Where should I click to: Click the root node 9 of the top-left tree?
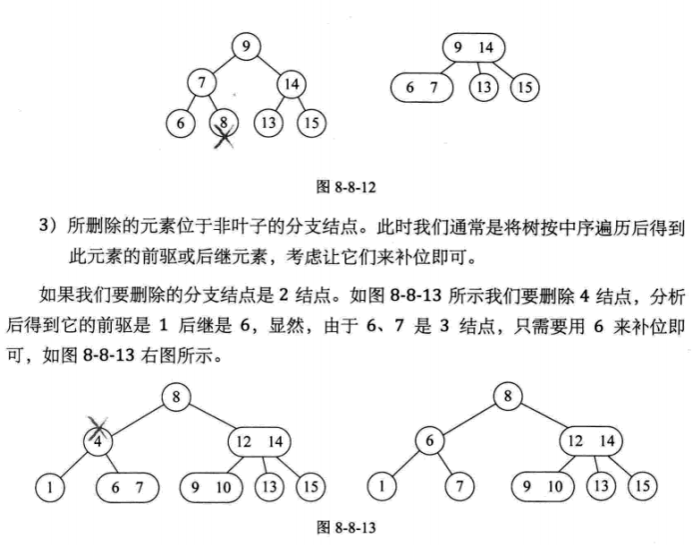pos(247,45)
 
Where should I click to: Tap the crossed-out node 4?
pos(97,440)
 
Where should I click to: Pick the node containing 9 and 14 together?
pos(472,46)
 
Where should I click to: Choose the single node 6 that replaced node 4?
pos(428,440)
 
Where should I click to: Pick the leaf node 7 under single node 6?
pos(460,487)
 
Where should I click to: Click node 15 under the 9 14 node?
pos(523,88)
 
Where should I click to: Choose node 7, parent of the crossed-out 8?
pos(203,85)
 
